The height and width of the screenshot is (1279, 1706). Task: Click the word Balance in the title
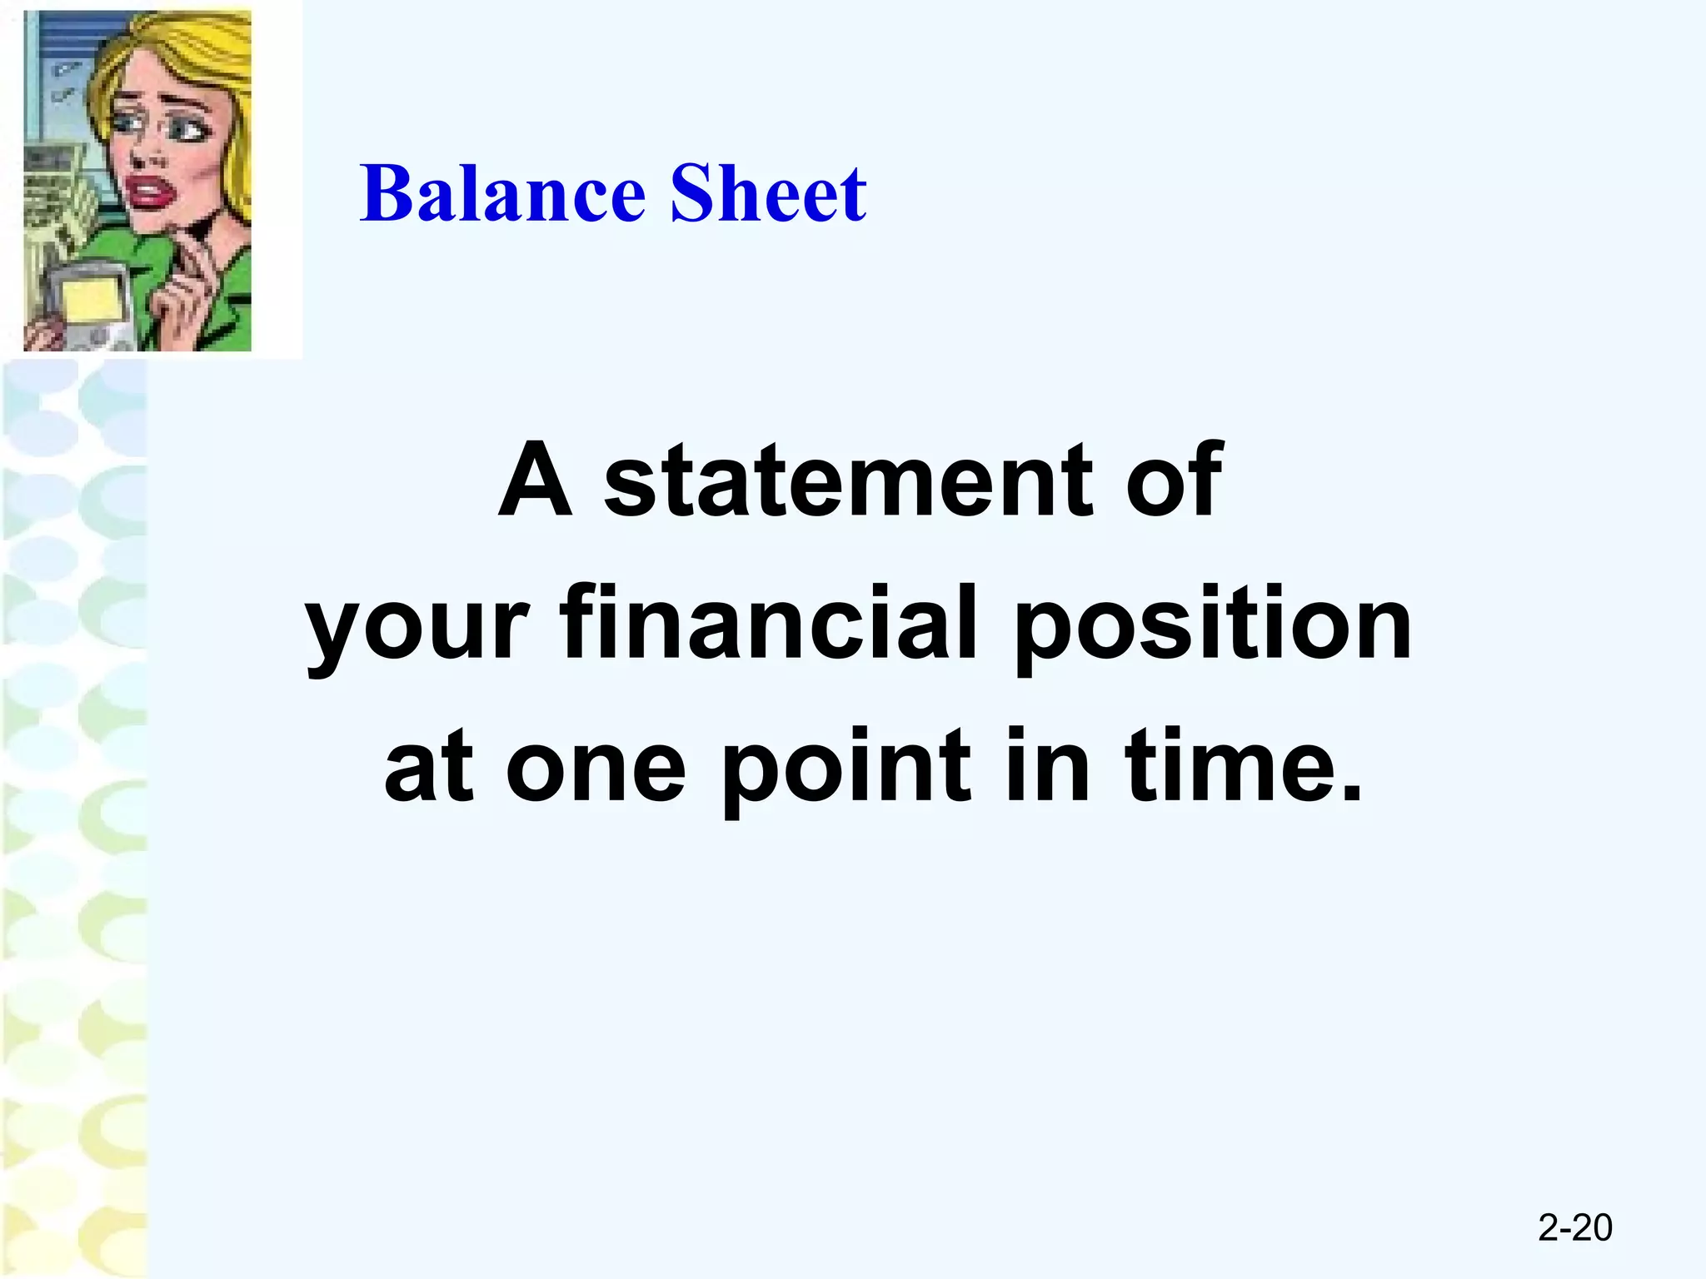coord(503,194)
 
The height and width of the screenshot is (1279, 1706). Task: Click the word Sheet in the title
coord(768,194)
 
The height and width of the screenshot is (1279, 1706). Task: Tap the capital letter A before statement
coord(536,480)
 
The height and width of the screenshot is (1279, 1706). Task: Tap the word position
coord(1212,625)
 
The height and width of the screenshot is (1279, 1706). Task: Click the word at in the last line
coord(429,766)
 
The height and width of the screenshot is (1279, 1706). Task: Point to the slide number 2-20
coord(1574,1228)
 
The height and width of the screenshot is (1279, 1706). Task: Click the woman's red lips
coord(147,193)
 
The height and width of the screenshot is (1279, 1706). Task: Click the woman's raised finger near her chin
coord(196,241)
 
